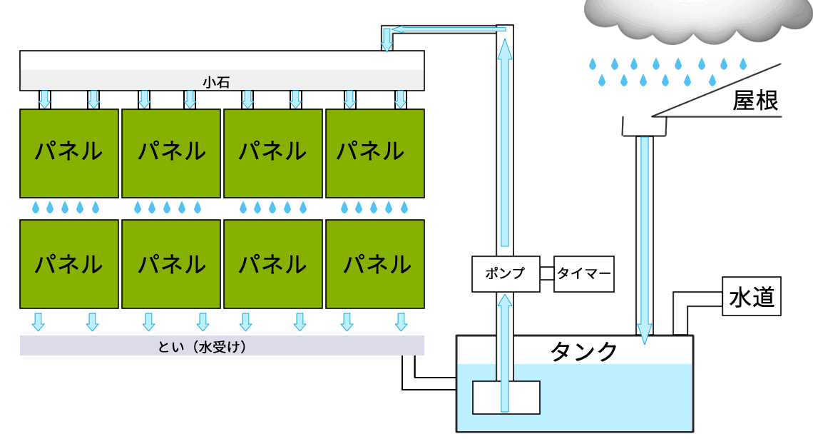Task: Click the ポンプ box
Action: [505, 273]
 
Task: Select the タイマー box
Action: [583, 273]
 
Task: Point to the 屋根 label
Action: [755, 101]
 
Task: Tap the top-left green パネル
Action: [69, 153]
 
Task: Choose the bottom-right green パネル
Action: [375, 265]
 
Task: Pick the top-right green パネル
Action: [375, 153]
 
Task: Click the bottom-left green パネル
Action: [69, 265]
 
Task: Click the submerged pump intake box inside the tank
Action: [506, 397]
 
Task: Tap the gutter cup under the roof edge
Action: [644, 126]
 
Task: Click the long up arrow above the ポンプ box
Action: [505, 143]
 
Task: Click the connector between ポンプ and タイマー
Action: [546, 273]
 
